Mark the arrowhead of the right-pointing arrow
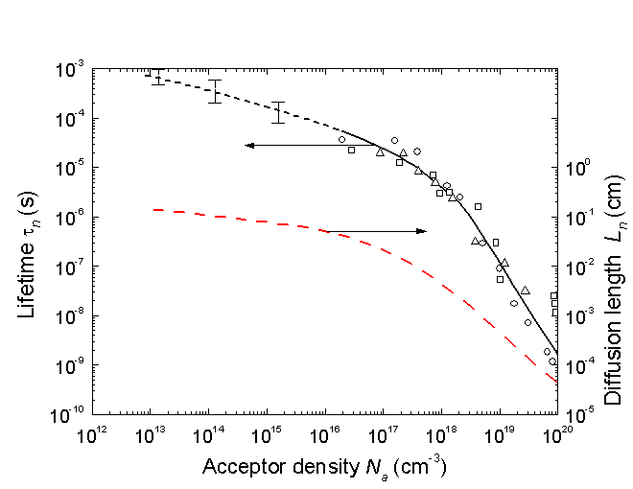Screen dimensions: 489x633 (423, 231)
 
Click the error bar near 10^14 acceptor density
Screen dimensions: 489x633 (216, 91)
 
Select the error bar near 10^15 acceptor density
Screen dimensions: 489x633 (278, 112)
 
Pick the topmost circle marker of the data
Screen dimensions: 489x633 (394, 141)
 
